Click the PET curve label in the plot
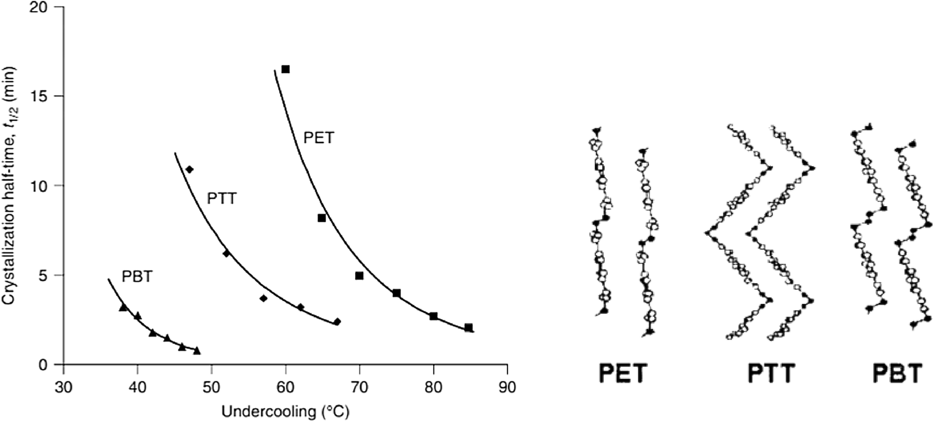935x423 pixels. click(x=319, y=138)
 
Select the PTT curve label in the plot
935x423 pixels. click(x=222, y=199)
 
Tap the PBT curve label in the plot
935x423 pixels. click(x=137, y=276)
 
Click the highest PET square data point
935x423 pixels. click(x=285, y=69)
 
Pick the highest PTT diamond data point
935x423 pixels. click(x=189, y=169)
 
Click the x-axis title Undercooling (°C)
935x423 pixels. click(x=285, y=411)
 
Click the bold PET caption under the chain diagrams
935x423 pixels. click(x=623, y=374)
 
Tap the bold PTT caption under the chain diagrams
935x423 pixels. click(x=771, y=374)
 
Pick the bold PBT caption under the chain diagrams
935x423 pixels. click(x=897, y=374)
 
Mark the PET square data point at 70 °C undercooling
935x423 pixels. click(x=359, y=275)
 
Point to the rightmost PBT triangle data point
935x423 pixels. click(x=197, y=350)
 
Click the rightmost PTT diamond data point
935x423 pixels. click(x=337, y=322)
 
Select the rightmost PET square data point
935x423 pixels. click(x=469, y=328)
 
